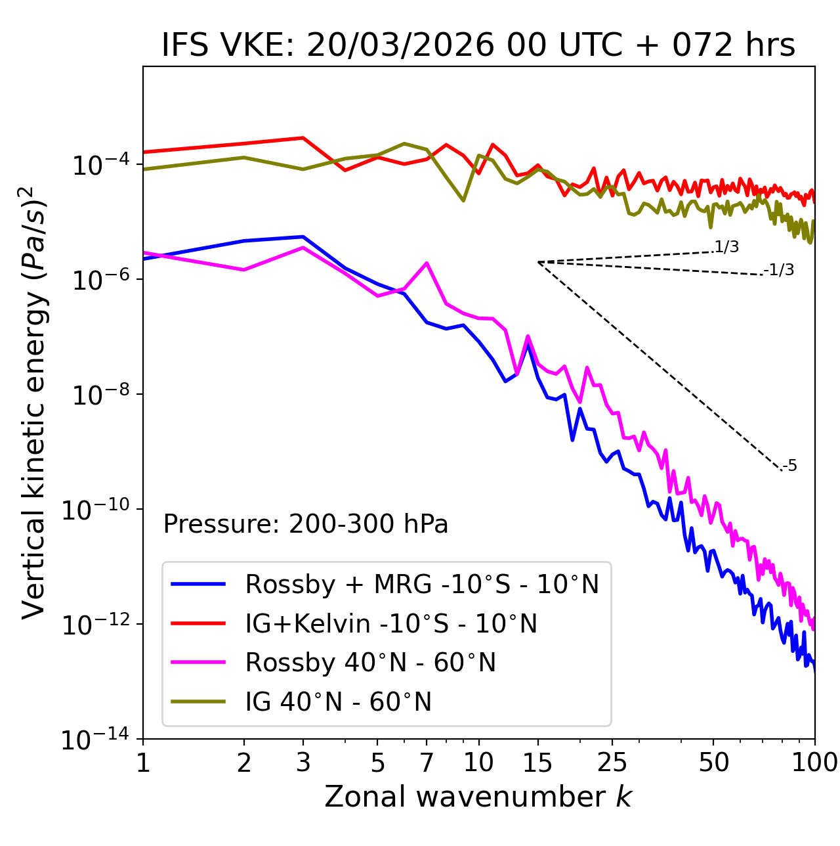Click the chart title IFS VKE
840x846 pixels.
pyautogui.click(x=478, y=46)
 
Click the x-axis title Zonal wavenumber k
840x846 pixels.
pyautogui.click(x=478, y=797)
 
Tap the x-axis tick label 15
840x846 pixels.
pyautogui.click(x=538, y=763)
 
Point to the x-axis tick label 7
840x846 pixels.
pyautogui.click(x=427, y=763)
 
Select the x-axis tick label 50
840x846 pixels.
pyautogui.click(x=714, y=763)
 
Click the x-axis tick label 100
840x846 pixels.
pyautogui.click(x=814, y=763)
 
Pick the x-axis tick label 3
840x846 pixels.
pyautogui.click(x=303, y=763)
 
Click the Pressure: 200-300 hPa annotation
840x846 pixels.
pyautogui.click(x=306, y=524)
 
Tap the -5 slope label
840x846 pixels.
pyautogui.click(x=790, y=466)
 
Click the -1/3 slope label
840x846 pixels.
pyautogui.click(x=779, y=270)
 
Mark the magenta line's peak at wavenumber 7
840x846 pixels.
pyautogui.click(x=427, y=263)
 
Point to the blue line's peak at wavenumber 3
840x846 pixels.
pyautogui.click(x=303, y=236)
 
